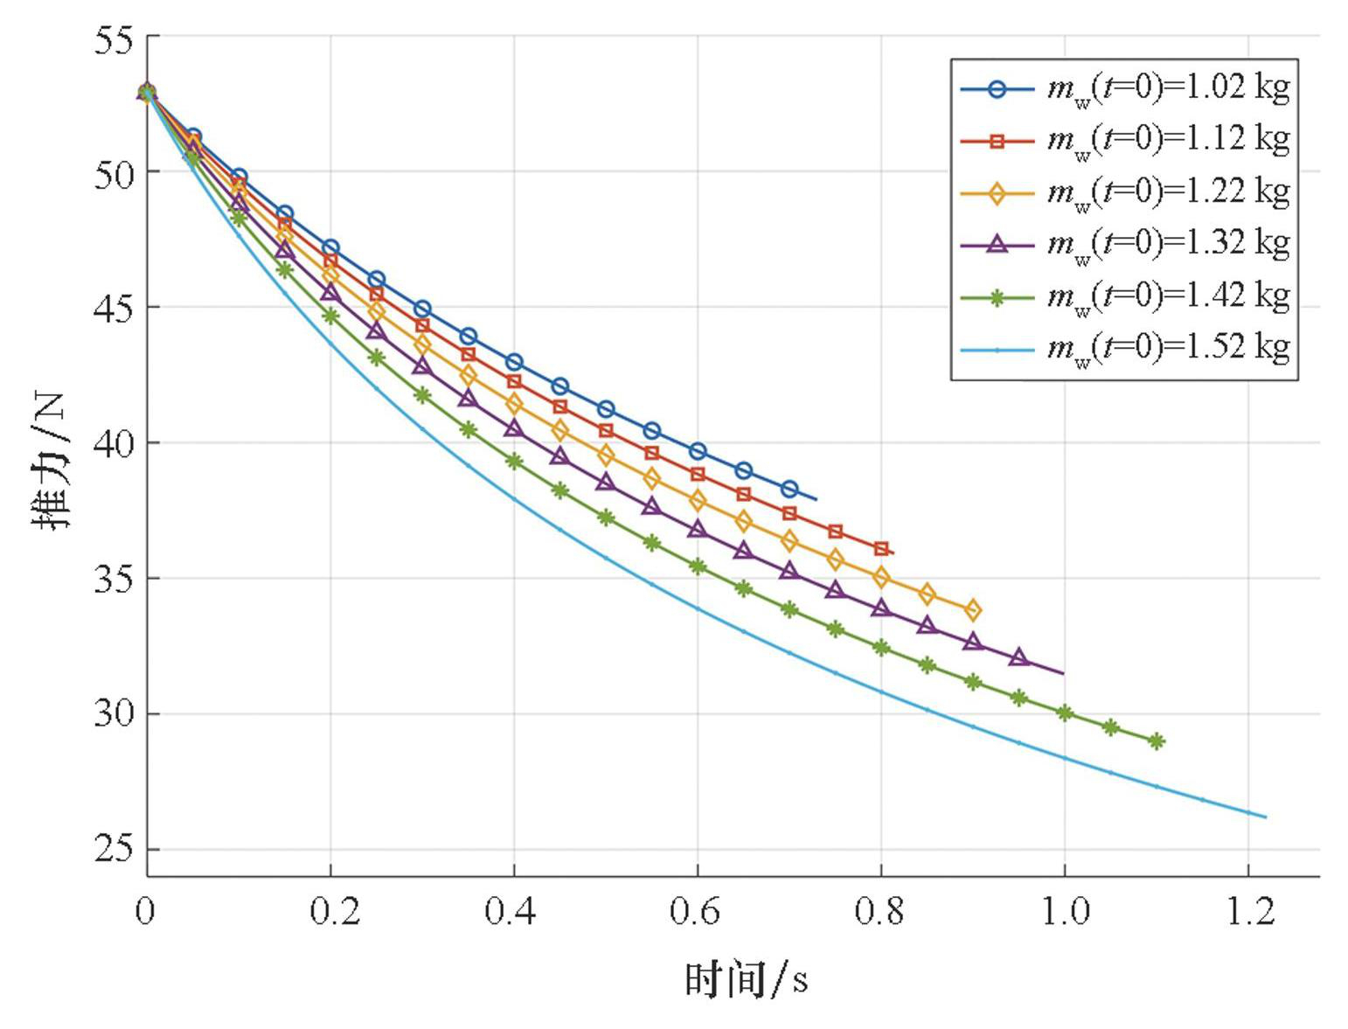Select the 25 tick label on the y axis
[114, 850]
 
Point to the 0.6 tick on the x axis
[697, 911]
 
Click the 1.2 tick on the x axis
[1249, 911]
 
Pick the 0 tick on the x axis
[145, 911]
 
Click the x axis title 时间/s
[746, 979]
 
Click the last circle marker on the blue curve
[789, 489]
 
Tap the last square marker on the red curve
[881, 549]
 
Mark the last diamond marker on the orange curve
[973, 610]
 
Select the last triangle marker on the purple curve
[1018, 657]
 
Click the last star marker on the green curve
[1157, 741]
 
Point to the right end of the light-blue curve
[1265, 817]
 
